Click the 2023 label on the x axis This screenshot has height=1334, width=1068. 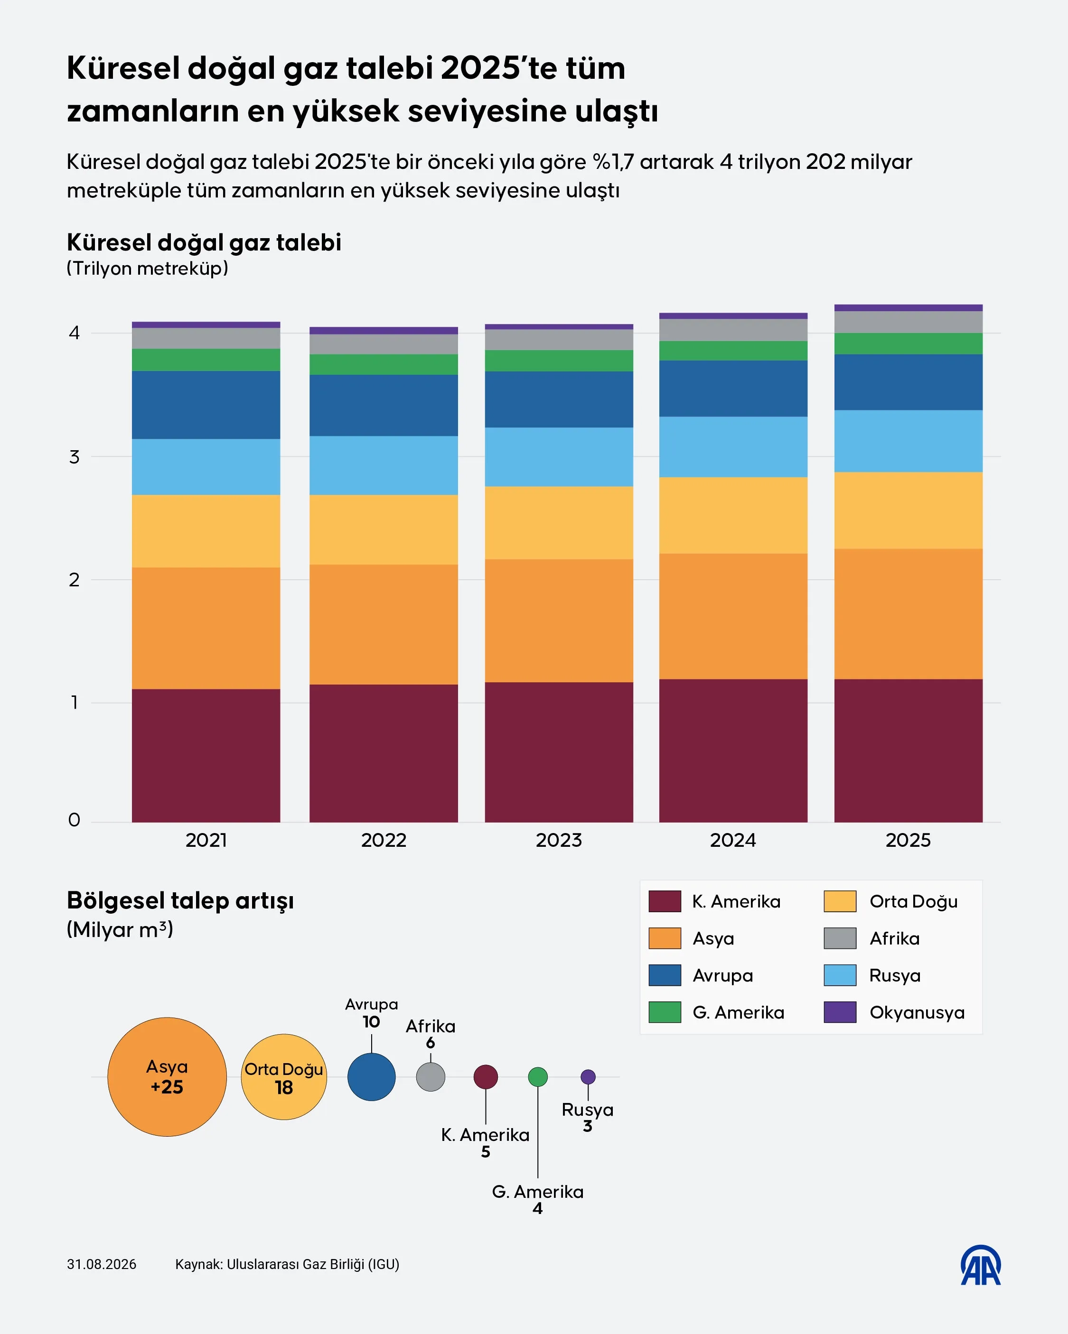coord(559,840)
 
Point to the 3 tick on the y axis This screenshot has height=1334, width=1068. coord(75,457)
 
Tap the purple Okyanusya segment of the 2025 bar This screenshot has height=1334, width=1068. coord(908,307)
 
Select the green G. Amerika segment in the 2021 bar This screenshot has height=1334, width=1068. coord(206,360)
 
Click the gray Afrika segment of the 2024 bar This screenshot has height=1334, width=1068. coord(733,330)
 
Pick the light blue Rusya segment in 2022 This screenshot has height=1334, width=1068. coord(384,465)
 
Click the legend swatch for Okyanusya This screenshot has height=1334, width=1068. coord(840,1012)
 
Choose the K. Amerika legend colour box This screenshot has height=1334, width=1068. coord(665,901)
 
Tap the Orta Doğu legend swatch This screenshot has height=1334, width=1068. coord(840,901)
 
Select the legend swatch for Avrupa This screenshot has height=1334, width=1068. coord(665,975)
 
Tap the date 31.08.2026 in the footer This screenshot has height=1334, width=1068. coord(102,1264)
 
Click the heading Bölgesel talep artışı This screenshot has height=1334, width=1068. coord(180,901)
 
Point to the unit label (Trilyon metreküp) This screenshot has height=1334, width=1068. coord(147,269)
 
